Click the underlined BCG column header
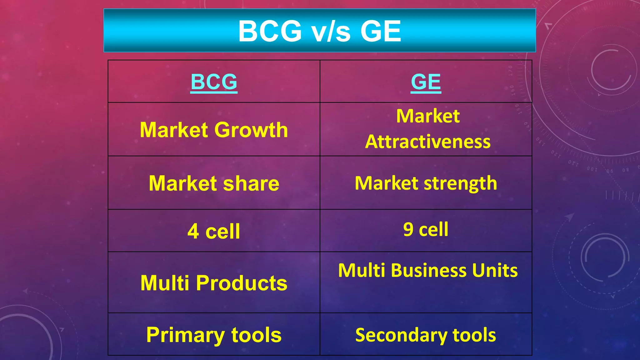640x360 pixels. (x=214, y=82)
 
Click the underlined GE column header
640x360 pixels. (x=426, y=82)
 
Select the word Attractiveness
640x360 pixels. (x=428, y=142)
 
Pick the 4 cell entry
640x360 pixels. (x=214, y=232)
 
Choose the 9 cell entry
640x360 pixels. (x=426, y=229)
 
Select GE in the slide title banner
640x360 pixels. (x=380, y=31)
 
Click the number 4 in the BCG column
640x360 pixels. (x=193, y=232)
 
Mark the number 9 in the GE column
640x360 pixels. (x=408, y=229)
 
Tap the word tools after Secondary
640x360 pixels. (x=474, y=335)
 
